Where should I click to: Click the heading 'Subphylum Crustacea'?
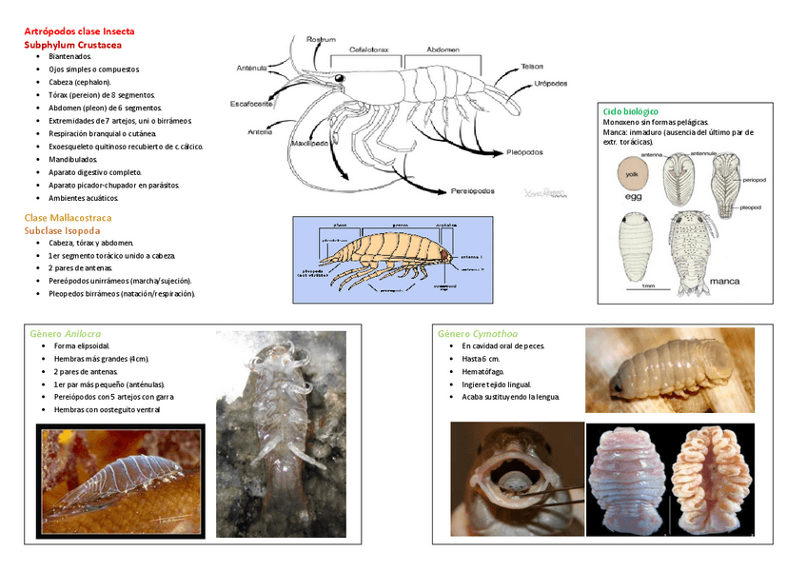point(72,44)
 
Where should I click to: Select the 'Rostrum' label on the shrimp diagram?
point(321,39)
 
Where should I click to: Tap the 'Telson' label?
point(532,66)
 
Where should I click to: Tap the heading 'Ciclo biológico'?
point(631,111)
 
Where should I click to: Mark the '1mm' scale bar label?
point(648,285)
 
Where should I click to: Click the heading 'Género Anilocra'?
point(65,334)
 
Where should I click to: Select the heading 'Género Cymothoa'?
point(477,334)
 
